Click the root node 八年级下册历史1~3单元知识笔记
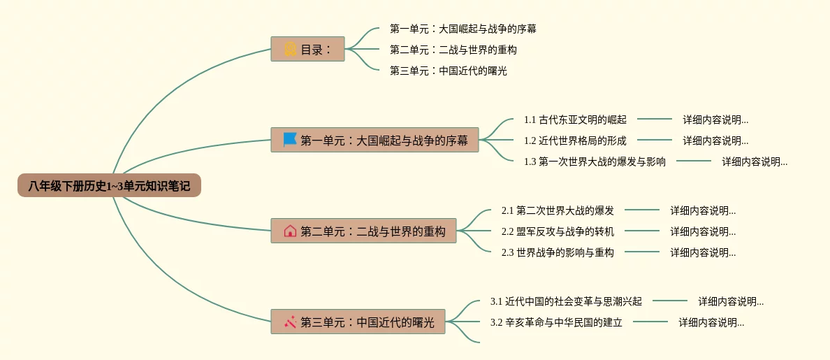[109, 186]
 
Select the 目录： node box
[307, 50]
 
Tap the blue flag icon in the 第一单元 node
[290, 140]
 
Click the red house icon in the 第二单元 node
[290, 231]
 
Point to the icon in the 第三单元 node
[290, 322]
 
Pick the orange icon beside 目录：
[290, 50]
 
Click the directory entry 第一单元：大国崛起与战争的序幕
[463, 29]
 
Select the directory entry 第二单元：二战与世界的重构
[453, 50]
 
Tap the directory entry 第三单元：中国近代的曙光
[448, 71]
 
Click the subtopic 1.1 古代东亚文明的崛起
[575, 120]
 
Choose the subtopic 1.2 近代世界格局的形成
[575, 141]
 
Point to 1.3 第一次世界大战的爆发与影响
[595, 161]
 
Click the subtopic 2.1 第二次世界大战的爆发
[558, 210]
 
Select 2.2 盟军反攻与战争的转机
[558, 231]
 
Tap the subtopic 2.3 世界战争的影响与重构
[558, 252]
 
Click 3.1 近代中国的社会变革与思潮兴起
[566, 301]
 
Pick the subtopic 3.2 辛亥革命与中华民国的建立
[556, 322]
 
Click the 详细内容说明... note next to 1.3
[755, 161]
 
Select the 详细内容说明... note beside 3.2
[711, 322]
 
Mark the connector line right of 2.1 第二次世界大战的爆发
[641, 210]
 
